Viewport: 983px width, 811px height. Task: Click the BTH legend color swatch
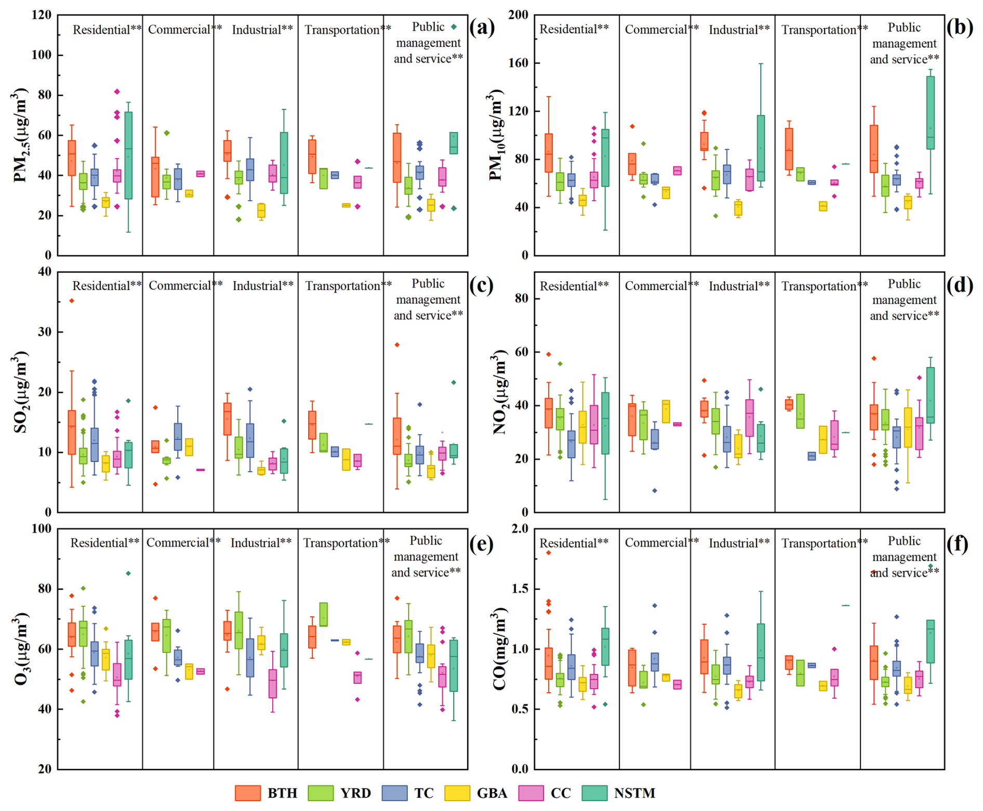click(248, 793)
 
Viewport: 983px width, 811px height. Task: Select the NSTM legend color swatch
click(594, 793)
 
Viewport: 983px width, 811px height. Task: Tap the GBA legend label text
click(492, 793)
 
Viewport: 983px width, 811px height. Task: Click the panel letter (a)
click(482, 27)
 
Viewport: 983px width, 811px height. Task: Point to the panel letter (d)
click(959, 284)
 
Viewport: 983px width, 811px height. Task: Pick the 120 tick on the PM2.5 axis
click(42, 15)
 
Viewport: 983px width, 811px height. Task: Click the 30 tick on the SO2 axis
click(45, 332)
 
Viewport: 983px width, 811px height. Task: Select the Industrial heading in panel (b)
click(739, 30)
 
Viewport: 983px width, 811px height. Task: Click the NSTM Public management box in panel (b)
click(930, 113)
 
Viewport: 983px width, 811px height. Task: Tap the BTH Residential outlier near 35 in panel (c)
click(72, 301)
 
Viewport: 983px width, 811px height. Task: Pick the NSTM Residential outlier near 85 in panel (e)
click(128, 573)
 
